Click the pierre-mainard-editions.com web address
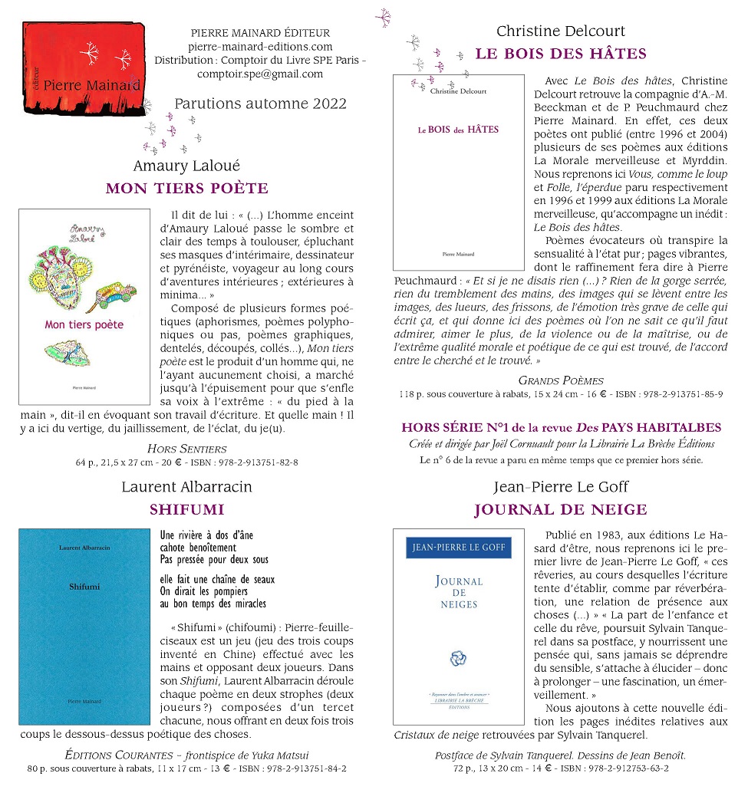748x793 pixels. point(260,47)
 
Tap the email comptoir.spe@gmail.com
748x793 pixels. point(260,74)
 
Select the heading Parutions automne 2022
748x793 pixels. point(260,104)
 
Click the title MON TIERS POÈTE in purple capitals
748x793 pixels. point(186,189)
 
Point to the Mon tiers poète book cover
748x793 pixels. point(84,307)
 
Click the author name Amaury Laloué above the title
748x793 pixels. point(186,166)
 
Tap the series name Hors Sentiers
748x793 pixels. point(186,449)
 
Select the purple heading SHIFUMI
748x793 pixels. point(186,509)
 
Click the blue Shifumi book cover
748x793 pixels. point(84,626)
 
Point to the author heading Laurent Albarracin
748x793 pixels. point(186,487)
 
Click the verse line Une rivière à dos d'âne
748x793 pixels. point(206,535)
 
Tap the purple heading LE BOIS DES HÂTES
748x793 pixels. point(561,54)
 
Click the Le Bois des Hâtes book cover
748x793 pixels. point(459,173)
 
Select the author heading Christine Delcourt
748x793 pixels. point(561,31)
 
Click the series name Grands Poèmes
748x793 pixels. point(561,380)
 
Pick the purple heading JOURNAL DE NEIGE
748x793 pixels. point(561,509)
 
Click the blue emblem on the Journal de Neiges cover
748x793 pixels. point(459,657)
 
